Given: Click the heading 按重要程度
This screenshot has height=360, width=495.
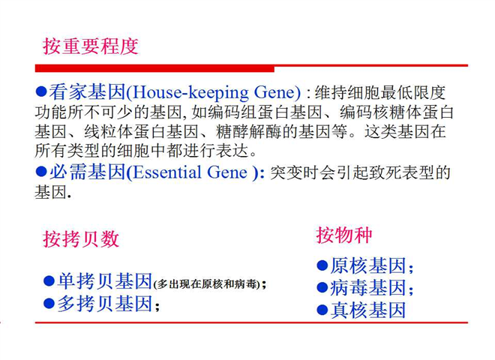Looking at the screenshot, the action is (x=91, y=46).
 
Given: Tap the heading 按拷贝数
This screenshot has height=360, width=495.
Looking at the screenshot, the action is (x=81, y=238).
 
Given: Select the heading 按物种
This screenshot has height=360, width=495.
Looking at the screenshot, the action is (x=344, y=235).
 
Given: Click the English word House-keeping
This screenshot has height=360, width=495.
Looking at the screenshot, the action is (x=190, y=92).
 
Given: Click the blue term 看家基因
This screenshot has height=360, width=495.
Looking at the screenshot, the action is (x=87, y=92).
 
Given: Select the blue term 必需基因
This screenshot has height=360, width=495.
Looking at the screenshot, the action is (x=88, y=172).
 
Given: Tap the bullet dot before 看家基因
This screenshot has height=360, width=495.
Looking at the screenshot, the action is (x=41, y=91).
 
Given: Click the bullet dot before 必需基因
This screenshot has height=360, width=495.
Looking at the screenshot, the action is (x=41, y=172).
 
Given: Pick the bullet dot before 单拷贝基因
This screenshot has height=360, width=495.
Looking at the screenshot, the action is (x=49, y=280).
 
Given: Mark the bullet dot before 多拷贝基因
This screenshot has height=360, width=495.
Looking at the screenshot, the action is (x=49, y=303).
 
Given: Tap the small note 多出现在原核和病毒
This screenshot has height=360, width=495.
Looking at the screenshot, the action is (x=207, y=284).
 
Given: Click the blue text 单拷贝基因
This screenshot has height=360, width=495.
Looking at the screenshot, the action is (x=105, y=281).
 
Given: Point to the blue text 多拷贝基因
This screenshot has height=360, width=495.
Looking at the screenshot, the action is (x=105, y=304).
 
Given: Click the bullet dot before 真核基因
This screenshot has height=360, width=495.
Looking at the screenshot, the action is (x=322, y=310).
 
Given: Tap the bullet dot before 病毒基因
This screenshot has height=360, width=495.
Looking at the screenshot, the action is (x=322, y=287).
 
